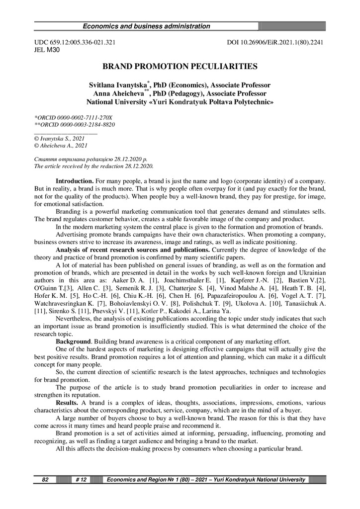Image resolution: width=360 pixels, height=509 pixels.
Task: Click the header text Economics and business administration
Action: click(146, 26)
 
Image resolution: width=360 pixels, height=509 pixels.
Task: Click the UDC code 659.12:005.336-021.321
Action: click(75, 43)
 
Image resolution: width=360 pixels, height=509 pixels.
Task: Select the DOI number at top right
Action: click(275, 43)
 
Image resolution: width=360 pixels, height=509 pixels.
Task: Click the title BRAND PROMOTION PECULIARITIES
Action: click(180, 66)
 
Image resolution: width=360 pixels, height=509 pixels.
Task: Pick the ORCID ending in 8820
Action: click(74, 124)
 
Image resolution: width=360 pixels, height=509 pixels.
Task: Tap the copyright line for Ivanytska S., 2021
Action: click(59, 139)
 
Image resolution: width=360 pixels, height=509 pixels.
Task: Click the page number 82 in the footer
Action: click(45, 479)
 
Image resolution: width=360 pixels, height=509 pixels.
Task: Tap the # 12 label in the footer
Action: click(81, 479)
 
